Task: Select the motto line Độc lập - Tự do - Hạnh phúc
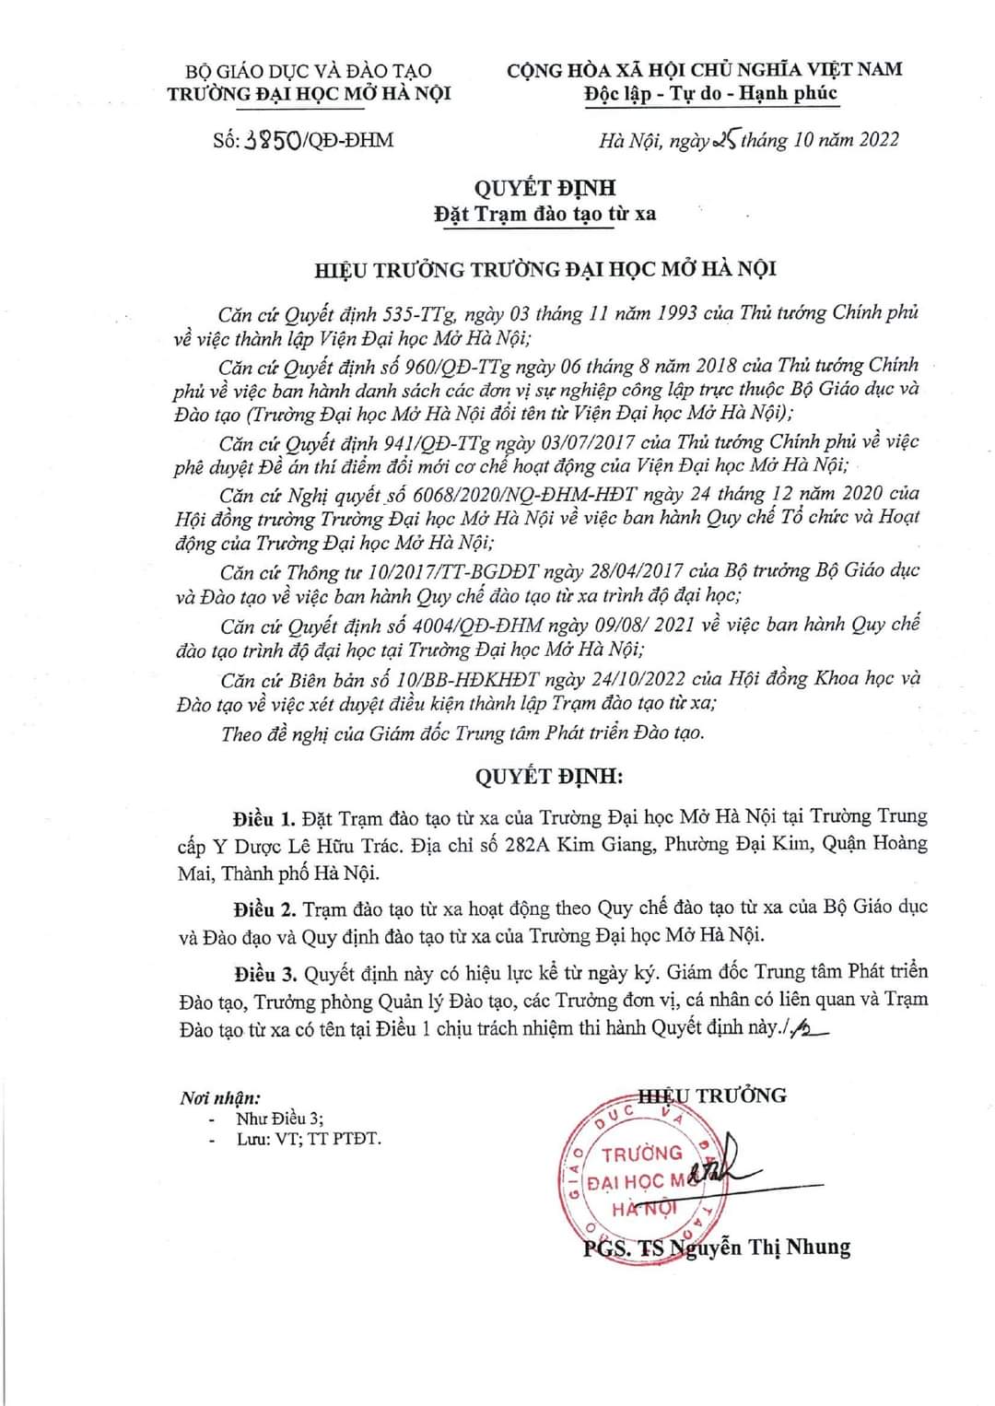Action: coord(711,93)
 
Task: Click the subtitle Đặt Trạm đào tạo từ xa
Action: coord(545,214)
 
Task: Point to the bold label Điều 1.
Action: coord(263,818)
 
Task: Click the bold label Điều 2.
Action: coord(263,908)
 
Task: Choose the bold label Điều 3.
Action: coord(263,973)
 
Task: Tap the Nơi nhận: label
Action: coord(220,1097)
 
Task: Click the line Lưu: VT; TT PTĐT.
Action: coord(308,1139)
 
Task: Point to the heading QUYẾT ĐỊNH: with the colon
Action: coord(549,776)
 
